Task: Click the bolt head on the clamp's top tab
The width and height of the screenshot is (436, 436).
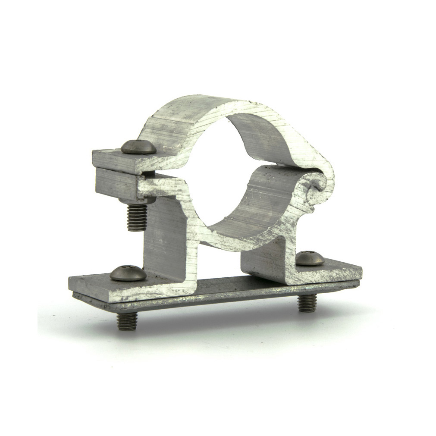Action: click(138, 147)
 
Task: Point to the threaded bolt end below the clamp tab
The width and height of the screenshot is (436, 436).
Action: click(137, 216)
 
